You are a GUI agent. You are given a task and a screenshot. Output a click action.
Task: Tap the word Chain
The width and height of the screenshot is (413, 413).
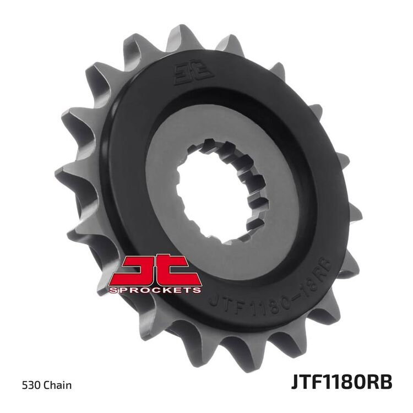[57, 385]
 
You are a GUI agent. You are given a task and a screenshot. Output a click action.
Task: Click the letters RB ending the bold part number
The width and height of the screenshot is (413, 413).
[381, 383]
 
